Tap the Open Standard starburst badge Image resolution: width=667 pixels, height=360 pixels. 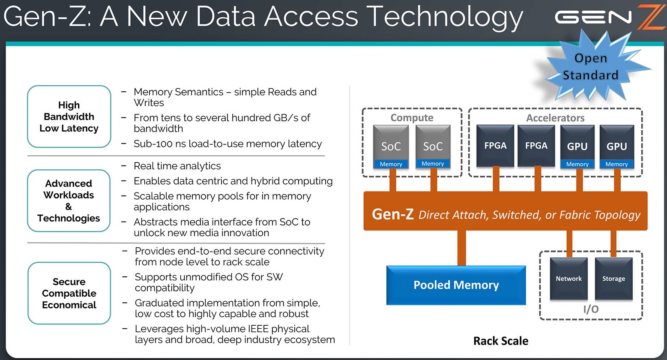click(591, 67)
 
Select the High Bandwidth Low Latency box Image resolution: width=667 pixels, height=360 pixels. click(69, 117)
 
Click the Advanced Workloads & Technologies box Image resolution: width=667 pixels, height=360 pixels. click(69, 201)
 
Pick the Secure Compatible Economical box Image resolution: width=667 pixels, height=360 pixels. click(69, 293)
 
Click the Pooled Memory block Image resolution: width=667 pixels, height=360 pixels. click(456, 285)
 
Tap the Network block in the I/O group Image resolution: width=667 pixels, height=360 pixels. click(569, 279)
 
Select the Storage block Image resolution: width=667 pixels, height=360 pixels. click(614, 279)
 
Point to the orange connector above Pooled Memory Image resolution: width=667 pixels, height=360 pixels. click(461, 248)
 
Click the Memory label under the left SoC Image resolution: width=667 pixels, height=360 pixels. click(391, 164)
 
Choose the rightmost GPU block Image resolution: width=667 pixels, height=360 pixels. click(617, 147)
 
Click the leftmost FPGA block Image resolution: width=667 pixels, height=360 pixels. click(495, 145)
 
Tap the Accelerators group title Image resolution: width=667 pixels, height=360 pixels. click(555, 118)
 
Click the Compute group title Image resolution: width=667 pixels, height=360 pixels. click(412, 118)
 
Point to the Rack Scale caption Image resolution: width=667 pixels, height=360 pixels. click(501, 341)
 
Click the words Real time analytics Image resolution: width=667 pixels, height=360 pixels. click(177, 166)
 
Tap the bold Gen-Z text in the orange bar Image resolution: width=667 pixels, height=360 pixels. click(393, 214)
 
